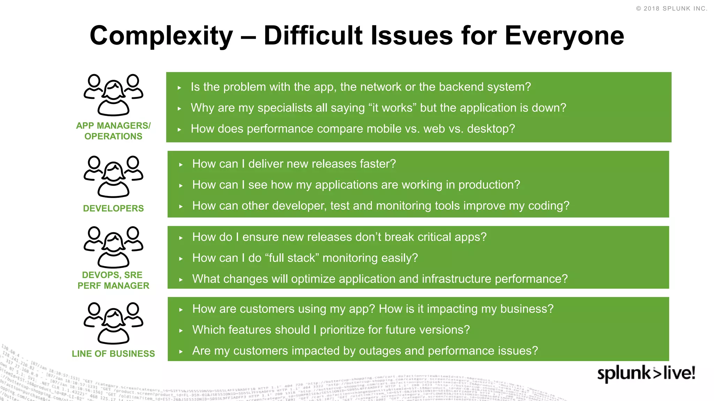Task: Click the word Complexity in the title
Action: click(161, 36)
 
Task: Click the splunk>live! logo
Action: click(646, 374)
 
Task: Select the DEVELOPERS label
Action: click(113, 209)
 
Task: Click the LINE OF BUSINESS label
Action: click(113, 354)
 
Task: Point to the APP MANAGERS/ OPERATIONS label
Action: click(113, 131)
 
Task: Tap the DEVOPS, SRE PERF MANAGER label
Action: click(113, 280)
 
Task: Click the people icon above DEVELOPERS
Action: click(113, 177)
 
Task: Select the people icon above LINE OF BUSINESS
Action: click(113, 323)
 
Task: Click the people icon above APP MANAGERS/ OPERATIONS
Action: click(113, 95)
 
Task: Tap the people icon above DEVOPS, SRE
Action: click(113, 247)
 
